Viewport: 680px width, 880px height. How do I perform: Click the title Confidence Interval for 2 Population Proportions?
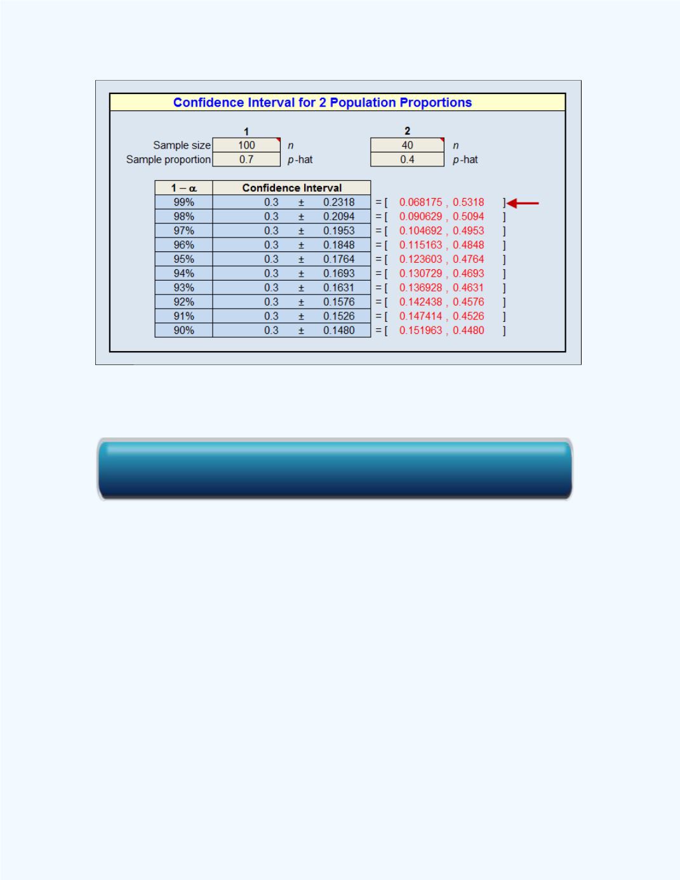[x=323, y=102]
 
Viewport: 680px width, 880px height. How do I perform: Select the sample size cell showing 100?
[x=246, y=145]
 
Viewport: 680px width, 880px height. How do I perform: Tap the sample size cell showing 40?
[x=407, y=145]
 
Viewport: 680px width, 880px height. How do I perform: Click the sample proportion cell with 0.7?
[x=246, y=159]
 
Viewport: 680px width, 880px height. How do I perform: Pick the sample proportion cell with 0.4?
[x=407, y=159]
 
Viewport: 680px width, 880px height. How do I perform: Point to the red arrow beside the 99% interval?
[x=523, y=203]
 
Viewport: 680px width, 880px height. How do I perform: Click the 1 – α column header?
[x=184, y=188]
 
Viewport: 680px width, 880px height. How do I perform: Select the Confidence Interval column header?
[x=291, y=188]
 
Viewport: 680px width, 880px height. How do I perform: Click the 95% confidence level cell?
[x=184, y=259]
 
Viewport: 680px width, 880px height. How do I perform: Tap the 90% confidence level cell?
[x=184, y=330]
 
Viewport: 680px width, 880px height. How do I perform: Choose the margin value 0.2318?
[x=338, y=202]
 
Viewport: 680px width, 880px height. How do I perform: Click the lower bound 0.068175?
[x=421, y=202]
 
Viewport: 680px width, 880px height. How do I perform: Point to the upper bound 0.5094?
[x=468, y=217]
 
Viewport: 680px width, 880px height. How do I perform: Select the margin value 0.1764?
[x=338, y=259]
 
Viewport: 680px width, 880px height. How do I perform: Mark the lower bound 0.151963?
[x=421, y=330]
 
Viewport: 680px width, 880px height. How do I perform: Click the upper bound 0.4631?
[x=468, y=288]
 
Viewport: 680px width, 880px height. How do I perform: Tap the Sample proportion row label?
[x=168, y=159]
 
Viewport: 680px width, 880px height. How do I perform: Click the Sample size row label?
[x=182, y=145]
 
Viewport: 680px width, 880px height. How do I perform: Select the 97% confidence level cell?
[x=184, y=231]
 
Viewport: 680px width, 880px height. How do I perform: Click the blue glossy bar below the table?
[x=335, y=469]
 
